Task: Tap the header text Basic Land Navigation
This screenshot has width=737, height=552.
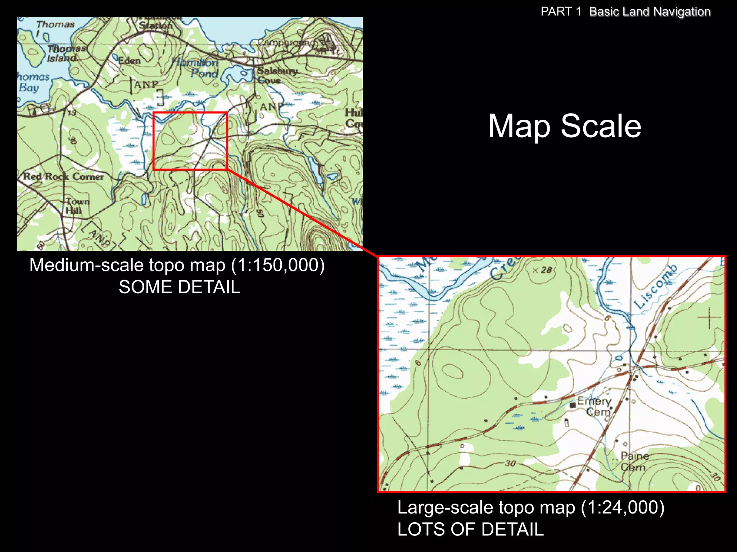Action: click(x=650, y=11)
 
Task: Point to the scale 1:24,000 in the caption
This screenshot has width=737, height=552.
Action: click(x=623, y=507)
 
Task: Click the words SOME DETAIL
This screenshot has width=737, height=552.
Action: click(x=179, y=287)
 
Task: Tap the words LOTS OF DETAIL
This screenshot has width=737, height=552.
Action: click(x=470, y=529)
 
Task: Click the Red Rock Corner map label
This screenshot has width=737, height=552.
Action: click(x=63, y=176)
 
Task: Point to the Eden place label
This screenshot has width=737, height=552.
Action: click(x=130, y=61)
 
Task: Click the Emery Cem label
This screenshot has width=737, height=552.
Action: click(x=596, y=406)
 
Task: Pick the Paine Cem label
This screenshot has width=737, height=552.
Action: click(x=634, y=461)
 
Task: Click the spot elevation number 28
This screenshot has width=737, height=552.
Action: click(x=546, y=270)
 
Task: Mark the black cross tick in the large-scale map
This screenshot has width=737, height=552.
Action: click(x=709, y=318)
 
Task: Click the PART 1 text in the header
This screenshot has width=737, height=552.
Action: click(x=561, y=11)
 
